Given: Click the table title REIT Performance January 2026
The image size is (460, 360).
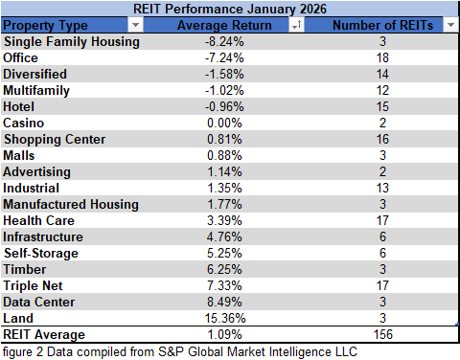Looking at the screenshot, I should (229, 8).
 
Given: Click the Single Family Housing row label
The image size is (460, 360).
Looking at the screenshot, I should (72, 42).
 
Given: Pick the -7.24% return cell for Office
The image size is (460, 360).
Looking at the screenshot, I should (228, 58).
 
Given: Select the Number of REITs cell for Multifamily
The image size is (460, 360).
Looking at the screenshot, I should (381, 91).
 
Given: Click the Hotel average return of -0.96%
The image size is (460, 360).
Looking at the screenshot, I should (228, 107).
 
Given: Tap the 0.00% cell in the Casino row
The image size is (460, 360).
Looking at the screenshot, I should (228, 124).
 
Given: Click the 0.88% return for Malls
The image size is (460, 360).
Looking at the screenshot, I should (228, 156).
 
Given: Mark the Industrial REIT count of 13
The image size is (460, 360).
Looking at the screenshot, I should (381, 189).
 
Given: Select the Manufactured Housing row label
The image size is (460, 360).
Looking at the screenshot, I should (71, 205).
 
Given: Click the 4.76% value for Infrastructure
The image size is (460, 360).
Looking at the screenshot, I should (228, 237).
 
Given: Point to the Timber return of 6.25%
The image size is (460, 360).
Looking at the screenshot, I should (228, 270).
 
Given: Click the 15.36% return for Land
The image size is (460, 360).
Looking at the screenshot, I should (228, 319).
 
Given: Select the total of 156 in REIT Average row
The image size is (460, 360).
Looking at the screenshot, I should (381, 335).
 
